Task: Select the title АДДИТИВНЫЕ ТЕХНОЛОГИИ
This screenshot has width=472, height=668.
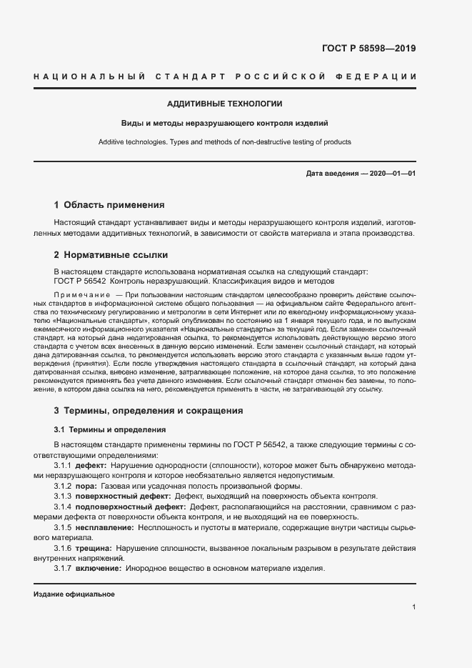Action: coord(224,104)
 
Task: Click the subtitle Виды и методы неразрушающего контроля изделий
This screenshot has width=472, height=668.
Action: coord(224,123)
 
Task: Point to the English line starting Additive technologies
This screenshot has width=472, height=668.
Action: coord(224,142)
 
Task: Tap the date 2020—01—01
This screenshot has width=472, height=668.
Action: coord(391,174)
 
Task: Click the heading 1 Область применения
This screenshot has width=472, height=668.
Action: coord(109,204)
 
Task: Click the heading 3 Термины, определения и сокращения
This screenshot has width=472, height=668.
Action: coord(149,411)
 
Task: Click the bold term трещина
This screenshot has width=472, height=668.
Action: coord(94,547)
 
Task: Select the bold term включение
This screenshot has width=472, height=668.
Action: coord(99,568)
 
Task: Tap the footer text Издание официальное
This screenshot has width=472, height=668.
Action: coord(74,594)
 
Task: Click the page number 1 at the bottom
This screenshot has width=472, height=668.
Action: coord(413,607)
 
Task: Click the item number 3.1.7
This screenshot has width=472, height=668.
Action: coord(62,568)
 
